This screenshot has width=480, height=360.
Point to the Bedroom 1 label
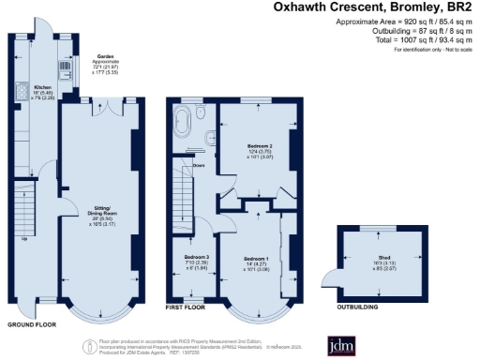pyautogui.click(x=256, y=258)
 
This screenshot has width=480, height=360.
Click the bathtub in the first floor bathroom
pyautogui.click(x=184, y=120)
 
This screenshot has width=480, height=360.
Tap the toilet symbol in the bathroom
pyautogui.click(x=207, y=141)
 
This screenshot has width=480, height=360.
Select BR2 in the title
pyautogui.click(x=460, y=8)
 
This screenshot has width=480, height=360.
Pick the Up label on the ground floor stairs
pyautogui.click(x=24, y=237)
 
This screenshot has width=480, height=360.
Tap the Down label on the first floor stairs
pyautogui.click(x=199, y=166)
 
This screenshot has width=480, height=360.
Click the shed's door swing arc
pyautogui.click(x=330, y=274)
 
